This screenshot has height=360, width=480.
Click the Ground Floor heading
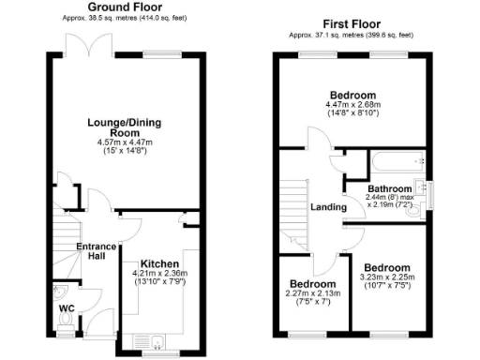tap(122, 7)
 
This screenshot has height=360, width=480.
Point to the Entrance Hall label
tap(97, 252)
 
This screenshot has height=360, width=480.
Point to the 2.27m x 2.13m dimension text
tap(312, 293)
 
